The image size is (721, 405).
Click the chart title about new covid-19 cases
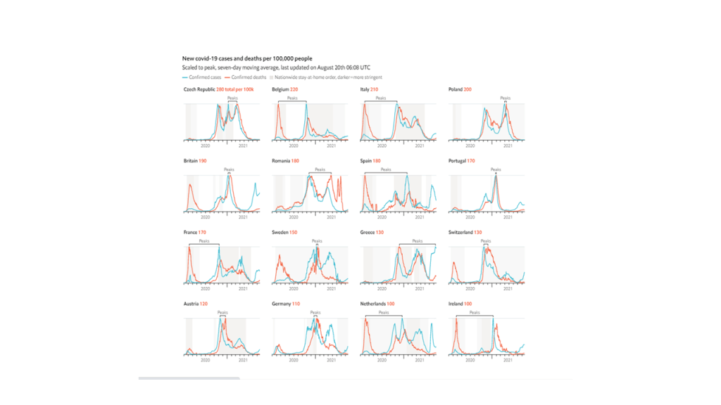[247, 58]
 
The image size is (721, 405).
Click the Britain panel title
[191, 161]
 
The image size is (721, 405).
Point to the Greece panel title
[369, 232]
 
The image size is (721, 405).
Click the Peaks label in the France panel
[204, 241]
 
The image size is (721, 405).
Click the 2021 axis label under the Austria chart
[244, 359]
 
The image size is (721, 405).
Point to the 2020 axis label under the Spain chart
[381, 217]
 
